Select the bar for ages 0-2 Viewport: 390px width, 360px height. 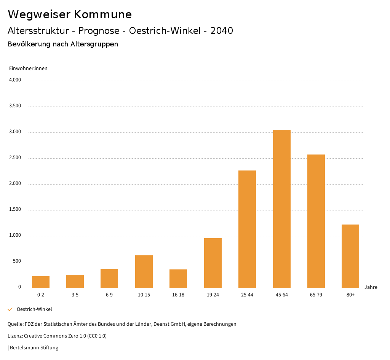41,282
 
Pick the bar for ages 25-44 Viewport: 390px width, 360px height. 247,229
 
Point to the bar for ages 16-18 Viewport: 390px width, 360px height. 178,279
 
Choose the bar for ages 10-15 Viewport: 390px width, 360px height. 144,271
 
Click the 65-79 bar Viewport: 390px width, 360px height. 316,221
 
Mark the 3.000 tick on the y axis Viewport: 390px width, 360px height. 15,132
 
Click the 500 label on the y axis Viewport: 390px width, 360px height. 17,261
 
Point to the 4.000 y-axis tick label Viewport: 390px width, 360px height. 15,80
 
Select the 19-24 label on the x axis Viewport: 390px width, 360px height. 213,295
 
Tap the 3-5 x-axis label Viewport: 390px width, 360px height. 75,295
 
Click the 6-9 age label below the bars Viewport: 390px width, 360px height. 109,295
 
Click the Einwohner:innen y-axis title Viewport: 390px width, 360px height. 28,68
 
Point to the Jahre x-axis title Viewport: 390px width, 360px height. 371,287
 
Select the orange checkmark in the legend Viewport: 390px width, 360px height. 10,309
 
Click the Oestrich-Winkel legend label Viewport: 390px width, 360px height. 34,309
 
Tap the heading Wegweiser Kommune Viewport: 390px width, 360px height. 70,14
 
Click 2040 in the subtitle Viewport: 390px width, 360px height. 222,31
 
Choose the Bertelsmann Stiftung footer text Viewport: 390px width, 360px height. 34,347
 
